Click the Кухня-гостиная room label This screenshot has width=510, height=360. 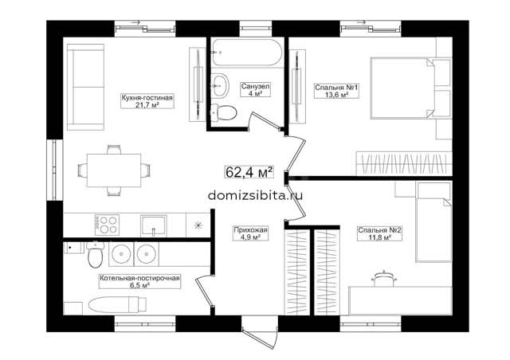[147, 101]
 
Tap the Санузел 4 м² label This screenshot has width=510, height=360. [255, 90]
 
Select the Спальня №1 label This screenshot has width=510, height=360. [336, 91]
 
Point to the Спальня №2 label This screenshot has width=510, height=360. [379, 233]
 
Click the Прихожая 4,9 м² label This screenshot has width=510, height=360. [250, 233]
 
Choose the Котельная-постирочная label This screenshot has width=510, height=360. [139, 282]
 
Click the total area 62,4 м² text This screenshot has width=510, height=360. [249, 172]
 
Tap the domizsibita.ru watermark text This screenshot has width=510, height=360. [255, 195]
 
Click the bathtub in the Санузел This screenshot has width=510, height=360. [246, 53]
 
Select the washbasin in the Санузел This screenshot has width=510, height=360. [220, 85]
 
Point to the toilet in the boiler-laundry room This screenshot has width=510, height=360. [96, 254]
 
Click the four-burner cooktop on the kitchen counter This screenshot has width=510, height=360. [107, 225]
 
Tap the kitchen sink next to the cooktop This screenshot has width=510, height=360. [154, 225]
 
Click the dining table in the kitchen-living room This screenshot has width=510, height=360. [114, 170]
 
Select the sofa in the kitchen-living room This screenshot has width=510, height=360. [85, 87]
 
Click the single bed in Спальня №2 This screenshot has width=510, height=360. [433, 222]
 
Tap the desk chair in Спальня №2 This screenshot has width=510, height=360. [384, 279]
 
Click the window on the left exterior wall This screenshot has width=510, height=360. [54, 170]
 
